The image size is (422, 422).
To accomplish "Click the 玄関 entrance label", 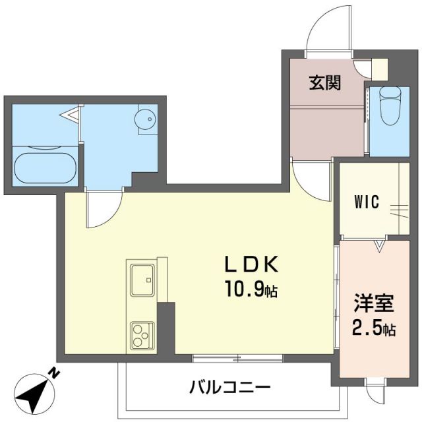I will tap(325, 84).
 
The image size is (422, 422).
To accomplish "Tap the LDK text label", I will tap(251, 265).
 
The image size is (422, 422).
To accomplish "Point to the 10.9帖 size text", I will tap(252, 289).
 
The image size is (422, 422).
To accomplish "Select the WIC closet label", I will tap(367, 202).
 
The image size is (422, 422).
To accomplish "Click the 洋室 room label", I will tap(373, 305).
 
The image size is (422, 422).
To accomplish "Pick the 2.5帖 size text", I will tap(373, 328).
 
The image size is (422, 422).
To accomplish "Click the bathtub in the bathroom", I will tap(44, 168).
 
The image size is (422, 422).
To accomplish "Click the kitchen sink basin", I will tap(141, 280).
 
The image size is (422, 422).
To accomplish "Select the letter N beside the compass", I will tap(55, 374).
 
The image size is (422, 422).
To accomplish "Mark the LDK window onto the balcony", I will tap(237, 358).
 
